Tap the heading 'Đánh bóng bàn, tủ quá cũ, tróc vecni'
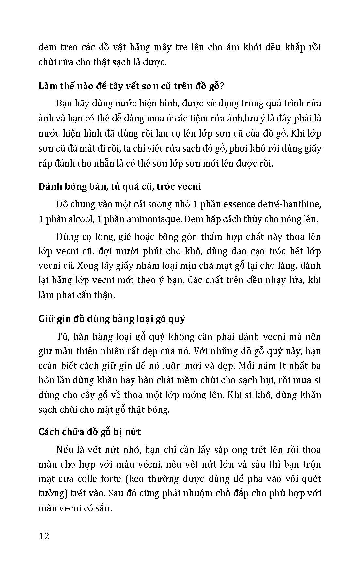(119, 186)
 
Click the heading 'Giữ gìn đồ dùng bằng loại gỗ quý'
(112, 319)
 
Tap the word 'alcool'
(80, 219)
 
